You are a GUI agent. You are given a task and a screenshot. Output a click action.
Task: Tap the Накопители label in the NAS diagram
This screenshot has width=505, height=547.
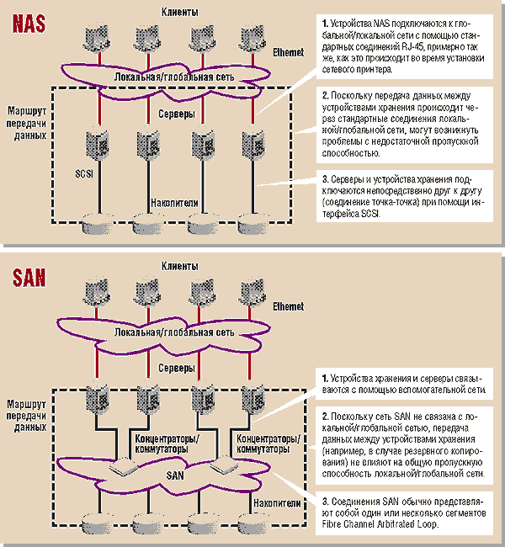(x=173, y=203)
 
